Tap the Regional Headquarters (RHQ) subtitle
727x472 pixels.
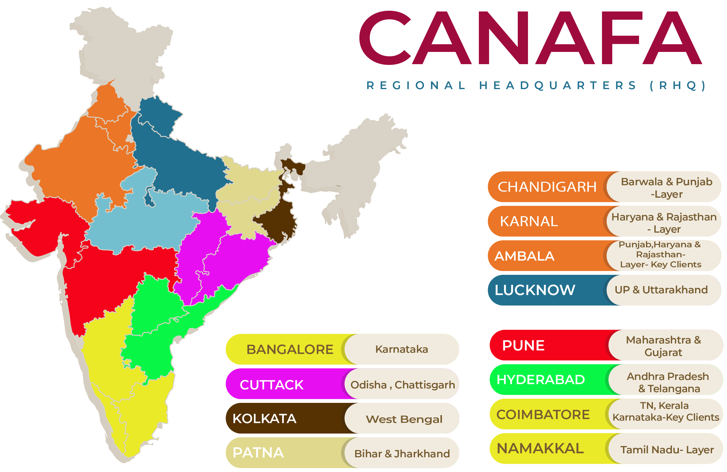pos(536,86)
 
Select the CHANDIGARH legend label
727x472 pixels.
pos(547,187)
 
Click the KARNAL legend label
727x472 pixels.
pos(529,221)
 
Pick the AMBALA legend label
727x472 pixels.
pos(524,256)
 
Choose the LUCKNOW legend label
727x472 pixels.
pos(534,290)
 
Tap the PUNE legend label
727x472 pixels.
pos(523,345)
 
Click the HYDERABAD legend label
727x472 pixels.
pos(541,380)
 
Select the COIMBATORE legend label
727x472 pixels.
pos(543,415)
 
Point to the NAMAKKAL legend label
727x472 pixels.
pos(540,449)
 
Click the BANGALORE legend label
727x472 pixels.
pos(290,349)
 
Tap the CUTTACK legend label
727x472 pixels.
pos(272,385)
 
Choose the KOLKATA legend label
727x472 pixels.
pos(264,419)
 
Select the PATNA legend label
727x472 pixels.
pos(258,453)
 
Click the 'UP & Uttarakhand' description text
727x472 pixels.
pos(661,290)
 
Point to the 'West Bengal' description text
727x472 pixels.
pos(404,419)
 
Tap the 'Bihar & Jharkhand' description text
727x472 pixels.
pos(402,454)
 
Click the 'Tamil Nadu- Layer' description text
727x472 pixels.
pos(667,450)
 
